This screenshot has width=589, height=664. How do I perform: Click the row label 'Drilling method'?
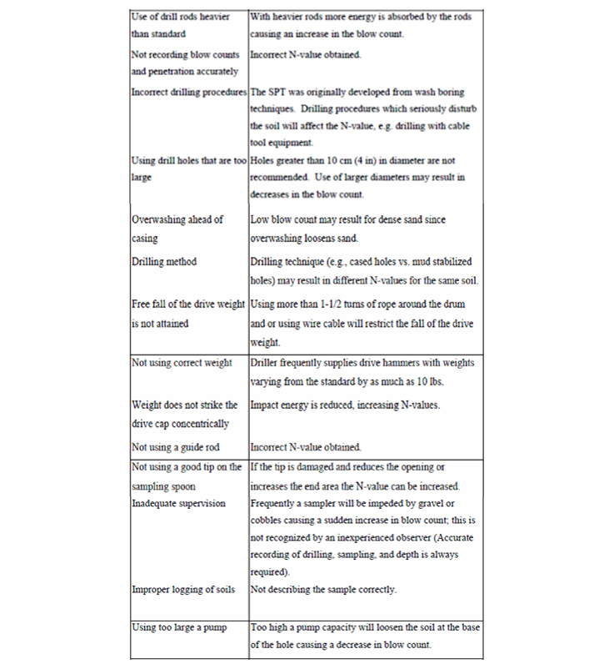pos(164,262)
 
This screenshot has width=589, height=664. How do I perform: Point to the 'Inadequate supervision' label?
pos(178,503)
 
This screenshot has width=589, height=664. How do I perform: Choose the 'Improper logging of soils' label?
pos(183,590)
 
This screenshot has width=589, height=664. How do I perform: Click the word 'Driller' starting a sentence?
pos(267,363)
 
